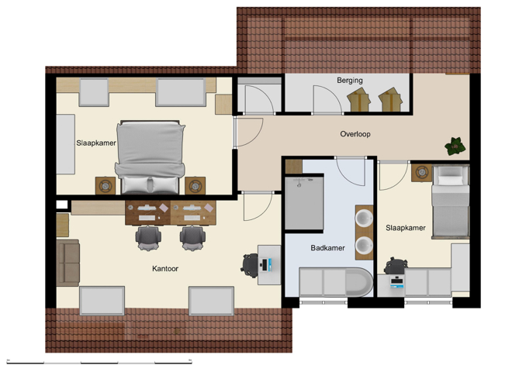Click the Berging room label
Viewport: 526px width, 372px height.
pyautogui.click(x=349, y=80)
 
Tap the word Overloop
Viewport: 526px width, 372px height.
pyautogui.click(x=355, y=134)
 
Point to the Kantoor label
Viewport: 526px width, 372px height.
pyautogui.click(x=165, y=269)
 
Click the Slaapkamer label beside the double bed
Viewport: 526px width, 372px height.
pyautogui.click(x=95, y=143)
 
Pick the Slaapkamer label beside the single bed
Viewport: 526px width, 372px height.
pyautogui.click(x=405, y=228)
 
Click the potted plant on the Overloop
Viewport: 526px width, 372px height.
pyautogui.click(x=455, y=145)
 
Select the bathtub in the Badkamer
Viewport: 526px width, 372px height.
pyautogui.click(x=335, y=282)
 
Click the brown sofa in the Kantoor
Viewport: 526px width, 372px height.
pyautogui.click(x=67, y=262)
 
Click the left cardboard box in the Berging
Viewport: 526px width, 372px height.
pyautogui.click(x=359, y=99)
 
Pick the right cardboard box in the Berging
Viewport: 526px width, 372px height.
pyautogui.click(x=390, y=99)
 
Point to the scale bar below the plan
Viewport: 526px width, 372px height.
pyautogui.click(x=99, y=361)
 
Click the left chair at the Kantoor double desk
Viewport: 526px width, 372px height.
pyautogui.click(x=148, y=236)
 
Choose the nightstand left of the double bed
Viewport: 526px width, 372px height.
pyautogui.click(x=106, y=185)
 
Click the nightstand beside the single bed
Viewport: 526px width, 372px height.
pyautogui.click(x=420, y=172)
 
